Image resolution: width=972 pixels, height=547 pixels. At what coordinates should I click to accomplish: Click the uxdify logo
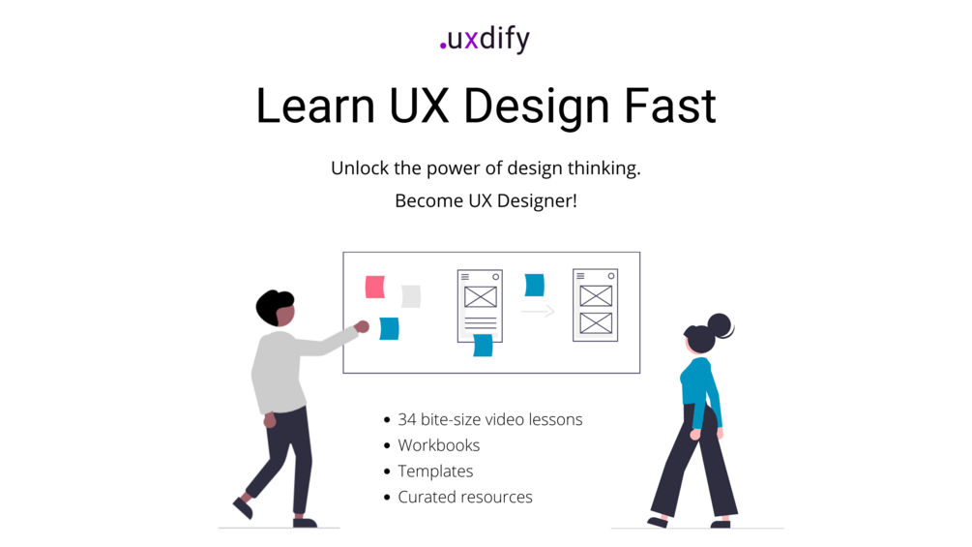tap(485, 39)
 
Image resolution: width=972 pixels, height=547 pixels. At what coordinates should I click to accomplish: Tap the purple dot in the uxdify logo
tap(443, 46)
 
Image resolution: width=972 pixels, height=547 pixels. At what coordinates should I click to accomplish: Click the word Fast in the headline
tap(669, 106)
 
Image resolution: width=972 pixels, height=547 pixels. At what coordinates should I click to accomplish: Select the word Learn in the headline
tap(315, 106)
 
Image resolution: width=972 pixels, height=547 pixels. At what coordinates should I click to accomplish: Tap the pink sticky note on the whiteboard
tap(375, 288)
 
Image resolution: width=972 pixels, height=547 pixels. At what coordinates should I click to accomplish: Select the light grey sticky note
tap(411, 296)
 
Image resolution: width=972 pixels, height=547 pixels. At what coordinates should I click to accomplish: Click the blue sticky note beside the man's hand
tap(390, 329)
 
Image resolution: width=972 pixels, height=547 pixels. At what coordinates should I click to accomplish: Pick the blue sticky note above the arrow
tap(534, 286)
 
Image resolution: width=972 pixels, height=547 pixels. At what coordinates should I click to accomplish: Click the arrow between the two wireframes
tap(538, 311)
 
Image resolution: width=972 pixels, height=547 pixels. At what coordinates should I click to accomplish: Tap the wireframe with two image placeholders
tap(595, 305)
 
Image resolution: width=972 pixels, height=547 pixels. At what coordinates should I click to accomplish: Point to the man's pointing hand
tap(362, 326)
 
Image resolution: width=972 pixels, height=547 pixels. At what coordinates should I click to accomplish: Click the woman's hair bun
tap(721, 325)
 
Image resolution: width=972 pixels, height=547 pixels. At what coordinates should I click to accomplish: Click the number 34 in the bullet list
tap(406, 420)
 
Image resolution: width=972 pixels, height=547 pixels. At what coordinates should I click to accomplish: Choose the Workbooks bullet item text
tap(439, 445)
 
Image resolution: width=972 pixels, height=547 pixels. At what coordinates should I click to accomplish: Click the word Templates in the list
tap(435, 471)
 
